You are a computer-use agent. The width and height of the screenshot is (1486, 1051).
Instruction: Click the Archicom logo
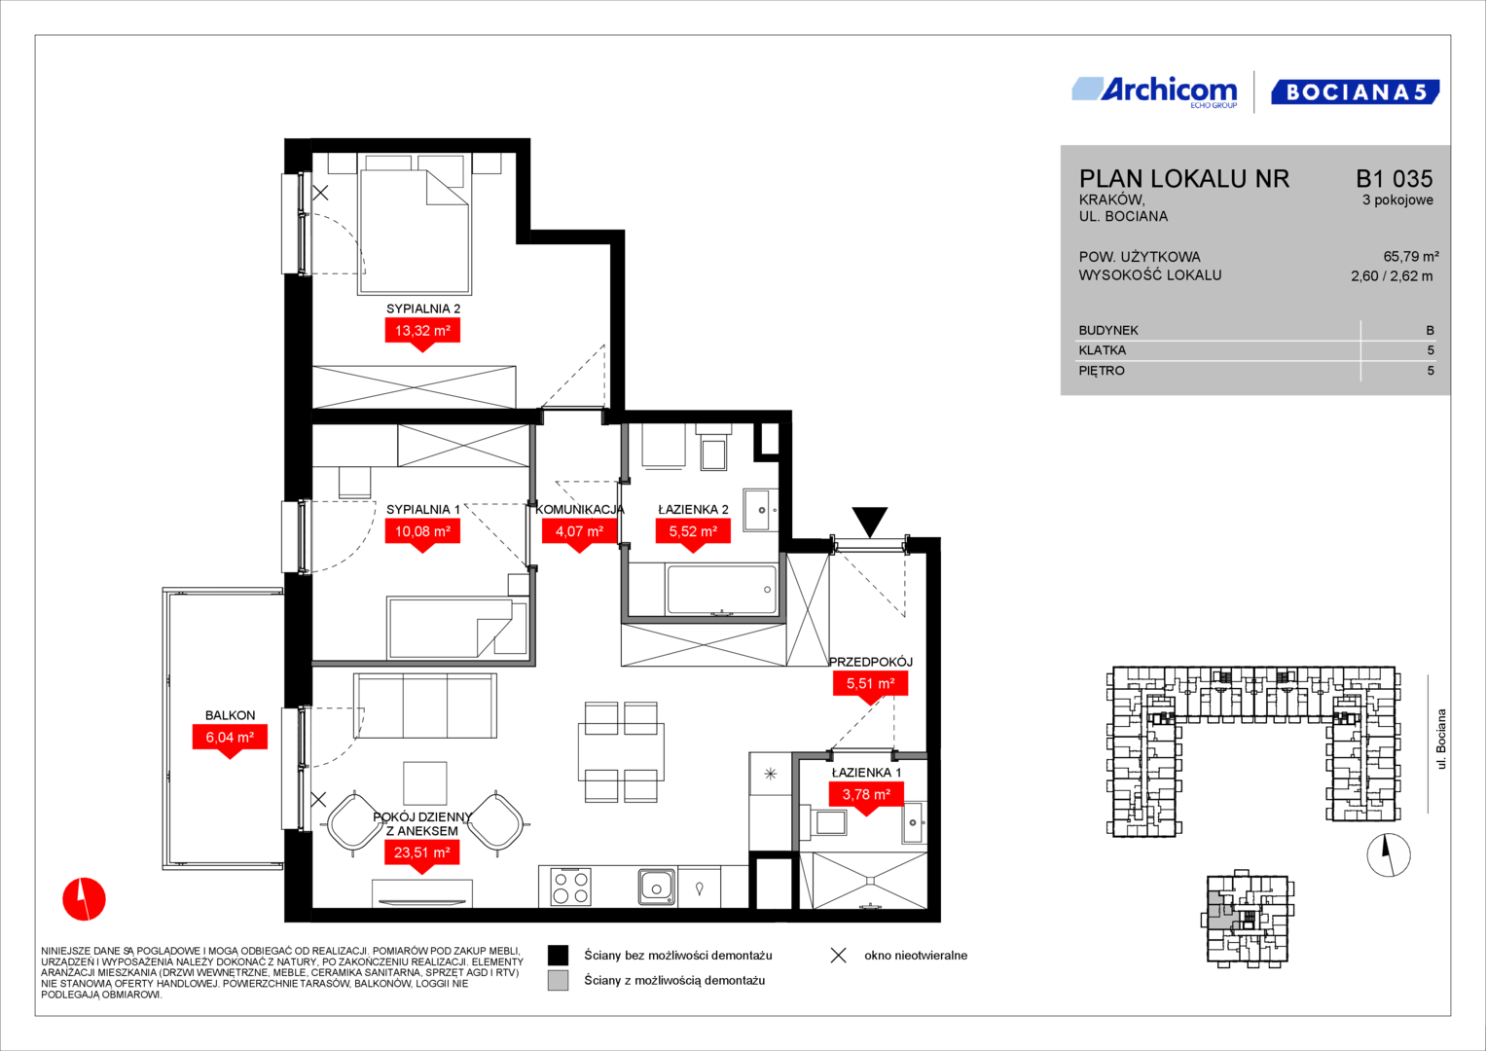click(x=1155, y=91)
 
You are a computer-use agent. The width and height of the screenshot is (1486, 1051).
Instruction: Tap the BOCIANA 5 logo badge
click(x=1356, y=91)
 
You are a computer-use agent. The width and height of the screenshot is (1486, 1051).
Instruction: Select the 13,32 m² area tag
click(x=422, y=331)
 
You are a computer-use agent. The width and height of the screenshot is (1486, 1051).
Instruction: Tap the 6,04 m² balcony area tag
click(x=230, y=738)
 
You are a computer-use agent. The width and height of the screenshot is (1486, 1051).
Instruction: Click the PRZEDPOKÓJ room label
click(x=871, y=662)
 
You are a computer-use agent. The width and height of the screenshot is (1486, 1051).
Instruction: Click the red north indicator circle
click(x=85, y=899)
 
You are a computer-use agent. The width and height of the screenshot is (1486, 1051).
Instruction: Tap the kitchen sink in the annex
click(x=657, y=888)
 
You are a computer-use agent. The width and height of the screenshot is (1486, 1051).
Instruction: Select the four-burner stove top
click(x=570, y=888)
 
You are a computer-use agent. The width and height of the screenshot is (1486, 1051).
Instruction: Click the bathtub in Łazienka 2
click(x=722, y=589)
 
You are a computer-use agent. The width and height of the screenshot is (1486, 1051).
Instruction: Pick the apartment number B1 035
click(x=1394, y=178)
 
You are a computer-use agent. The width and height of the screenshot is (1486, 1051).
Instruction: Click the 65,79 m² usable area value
click(x=1410, y=257)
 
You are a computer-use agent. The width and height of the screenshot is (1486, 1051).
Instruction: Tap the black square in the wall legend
click(x=558, y=955)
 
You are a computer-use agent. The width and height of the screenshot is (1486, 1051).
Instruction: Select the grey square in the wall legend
click(x=558, y=980)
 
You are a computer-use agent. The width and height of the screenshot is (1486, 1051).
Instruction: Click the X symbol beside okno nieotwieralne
click(x=839, y=956)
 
